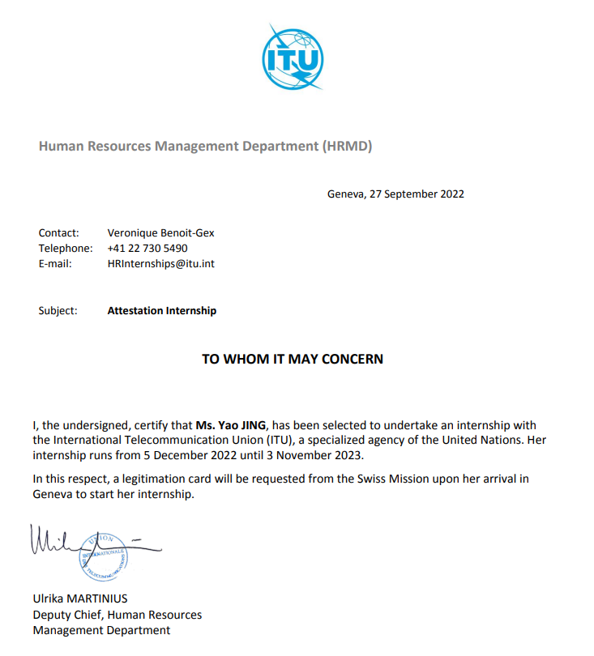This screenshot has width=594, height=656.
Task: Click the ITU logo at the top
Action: (293, 58)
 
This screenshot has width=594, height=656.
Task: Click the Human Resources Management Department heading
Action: (205, 147)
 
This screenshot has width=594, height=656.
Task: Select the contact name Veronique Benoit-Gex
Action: (160, 233)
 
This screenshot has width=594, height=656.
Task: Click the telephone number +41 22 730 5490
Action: (147, 249)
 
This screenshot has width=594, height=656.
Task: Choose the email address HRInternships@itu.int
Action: (160, 264)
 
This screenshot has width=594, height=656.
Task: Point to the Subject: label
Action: (58, 310)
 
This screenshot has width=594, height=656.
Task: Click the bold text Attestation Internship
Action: (162, 310)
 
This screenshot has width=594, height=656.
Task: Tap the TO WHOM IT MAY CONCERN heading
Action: (293, 359)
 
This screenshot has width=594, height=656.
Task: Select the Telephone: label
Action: (65, 249)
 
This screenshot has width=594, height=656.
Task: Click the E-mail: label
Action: (55, 264)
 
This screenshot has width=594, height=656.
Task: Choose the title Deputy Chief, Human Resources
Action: (117, 615)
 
